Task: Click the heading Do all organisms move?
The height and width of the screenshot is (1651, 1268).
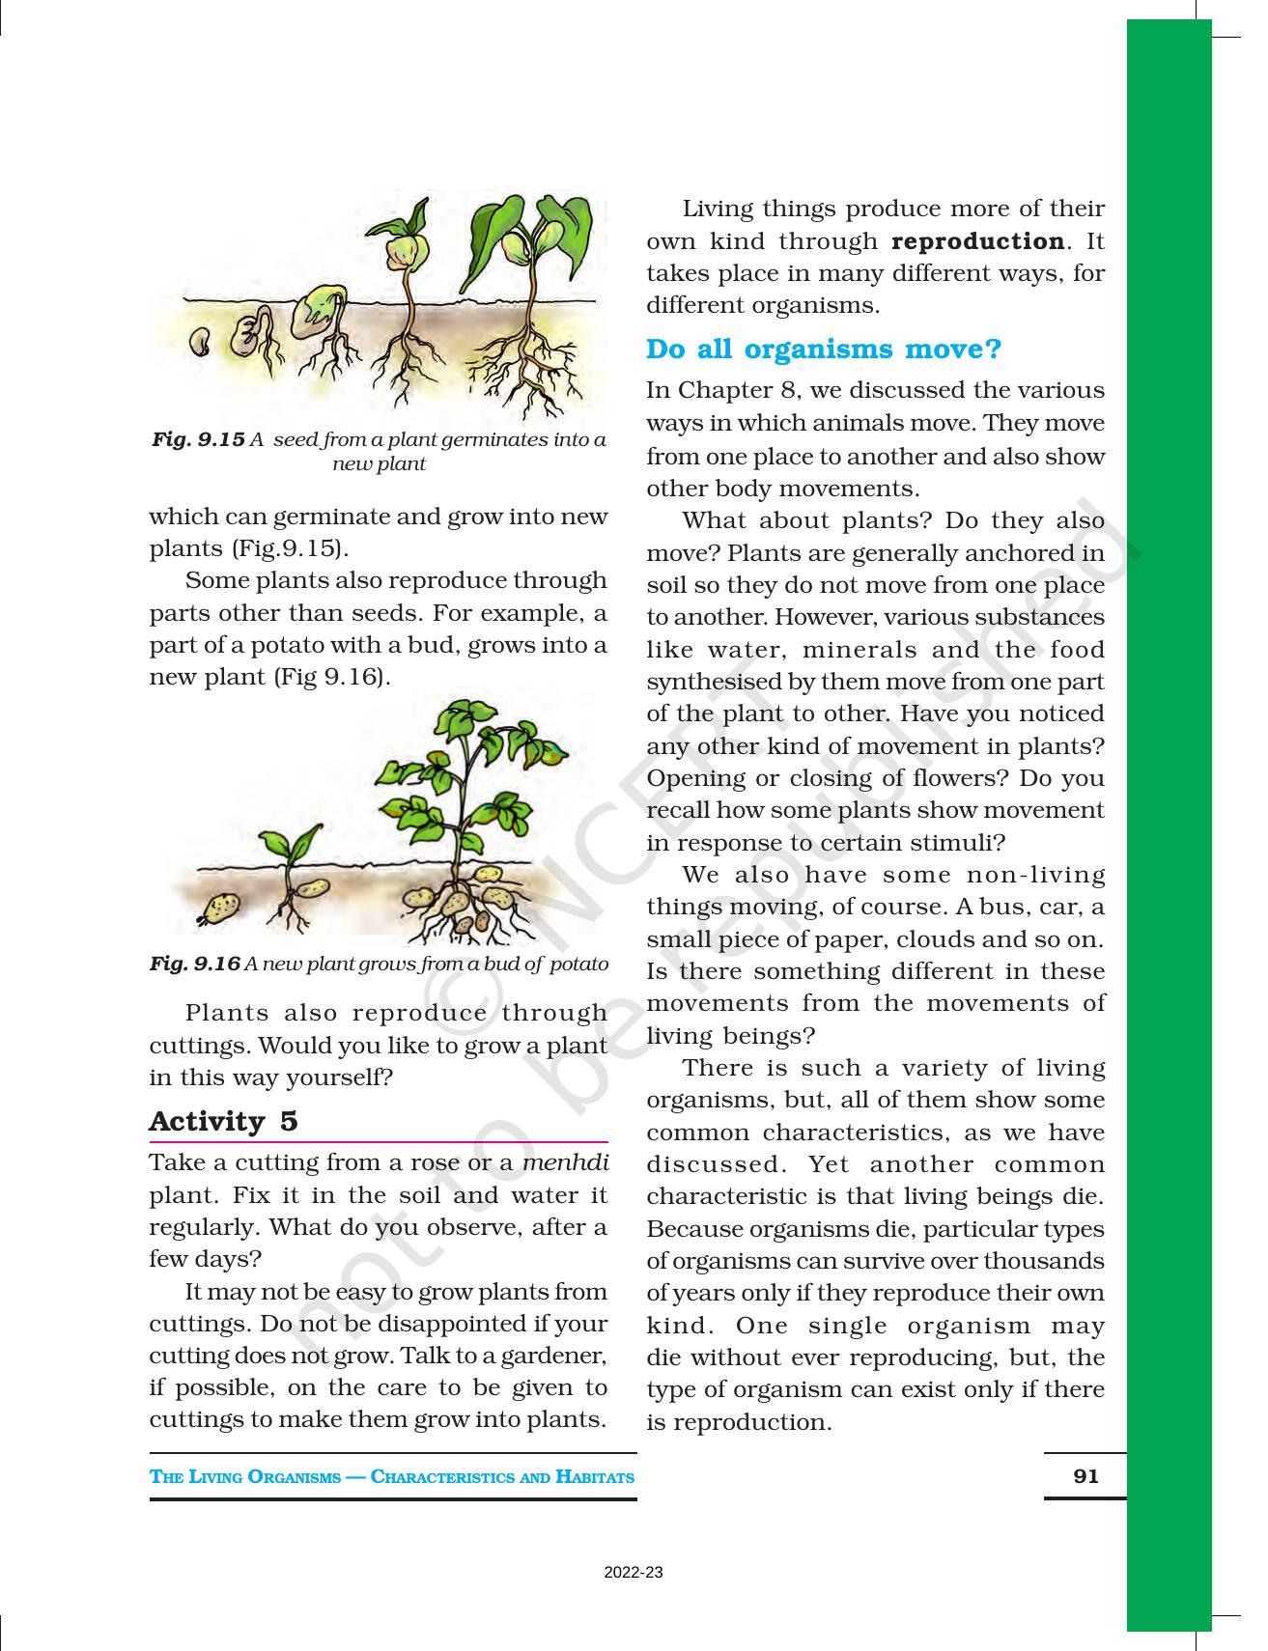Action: [824, 349]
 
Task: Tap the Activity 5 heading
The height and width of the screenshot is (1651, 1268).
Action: [223, 1121]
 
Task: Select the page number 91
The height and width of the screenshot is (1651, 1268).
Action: [1085, 1475]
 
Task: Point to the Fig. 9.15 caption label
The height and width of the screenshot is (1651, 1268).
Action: [198, 440]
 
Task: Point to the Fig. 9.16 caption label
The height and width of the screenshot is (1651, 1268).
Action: [194, 964]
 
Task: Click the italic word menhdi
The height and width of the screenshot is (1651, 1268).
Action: [565, 1162]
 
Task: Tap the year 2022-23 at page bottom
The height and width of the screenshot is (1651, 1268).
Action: [634, 1573]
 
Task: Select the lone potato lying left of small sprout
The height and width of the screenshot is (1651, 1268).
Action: [221, 907]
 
